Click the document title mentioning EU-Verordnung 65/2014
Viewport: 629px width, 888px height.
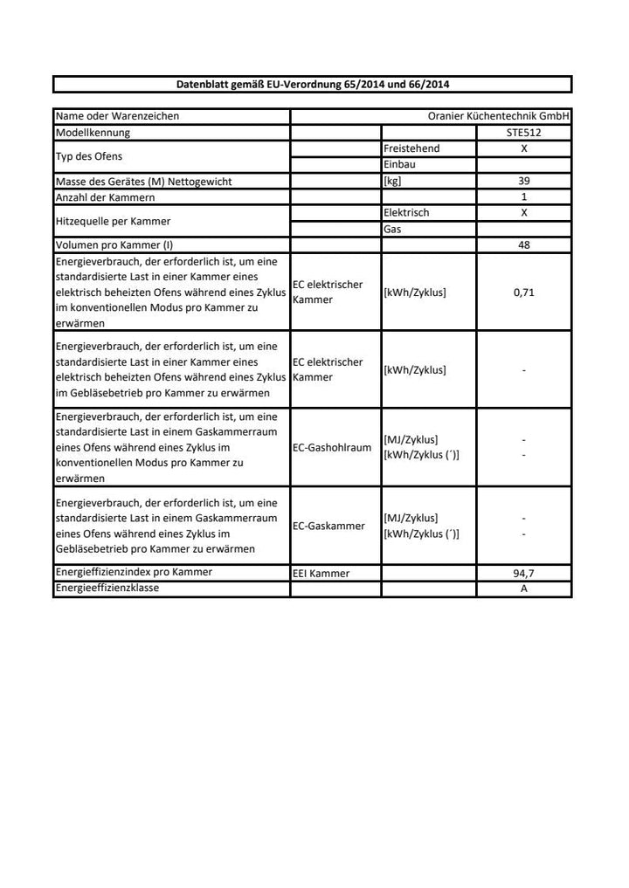click(x=313, y=85)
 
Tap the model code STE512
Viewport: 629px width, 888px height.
click(x=524, y=133)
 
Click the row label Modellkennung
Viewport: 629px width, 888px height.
click(x=93, y=133)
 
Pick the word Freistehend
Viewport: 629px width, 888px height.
click(x=411, y=148)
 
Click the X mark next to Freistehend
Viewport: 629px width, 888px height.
click(x=524, y=148)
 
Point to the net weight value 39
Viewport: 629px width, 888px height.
click(x=524, y=181)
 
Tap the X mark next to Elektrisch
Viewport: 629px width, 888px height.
click(x=524, y=213)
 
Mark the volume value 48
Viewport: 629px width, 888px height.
click(x=524, y=245)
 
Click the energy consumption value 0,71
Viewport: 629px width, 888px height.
click(x=524, y=293)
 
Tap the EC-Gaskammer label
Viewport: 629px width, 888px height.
click(x=328, y=526)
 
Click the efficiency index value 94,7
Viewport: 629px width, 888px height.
click(x=524, y=574)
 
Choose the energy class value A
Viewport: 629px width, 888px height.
click(x=524, y=589)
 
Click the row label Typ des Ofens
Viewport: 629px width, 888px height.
click(x=89, y=156)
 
